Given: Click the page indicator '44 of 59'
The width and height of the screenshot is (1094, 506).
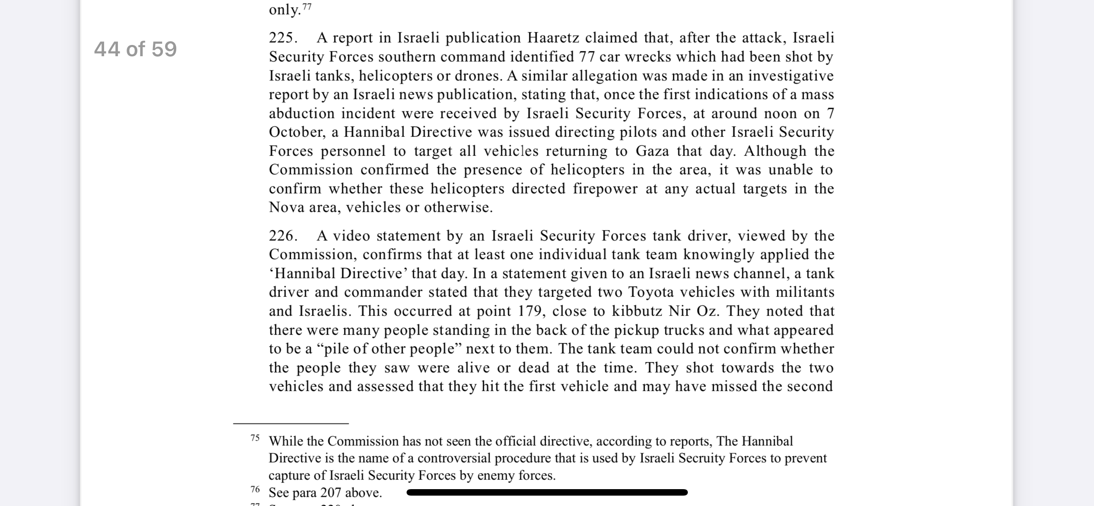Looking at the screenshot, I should pyautogui.click(x=135, y=48).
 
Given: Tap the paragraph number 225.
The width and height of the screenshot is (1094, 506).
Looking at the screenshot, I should pyautogui.click(x=283, y=38).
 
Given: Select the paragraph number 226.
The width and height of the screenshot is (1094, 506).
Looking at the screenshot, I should pyautogui.click(x=283, y=236).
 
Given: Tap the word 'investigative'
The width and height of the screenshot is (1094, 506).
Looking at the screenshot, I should pyautogui.click(x=791, y=76).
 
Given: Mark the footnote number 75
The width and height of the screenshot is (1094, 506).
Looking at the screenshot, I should pyautogui.click(x=255, y=438).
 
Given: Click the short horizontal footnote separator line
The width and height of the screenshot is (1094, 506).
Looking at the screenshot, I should pyautogui.click(x=291, y=423).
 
